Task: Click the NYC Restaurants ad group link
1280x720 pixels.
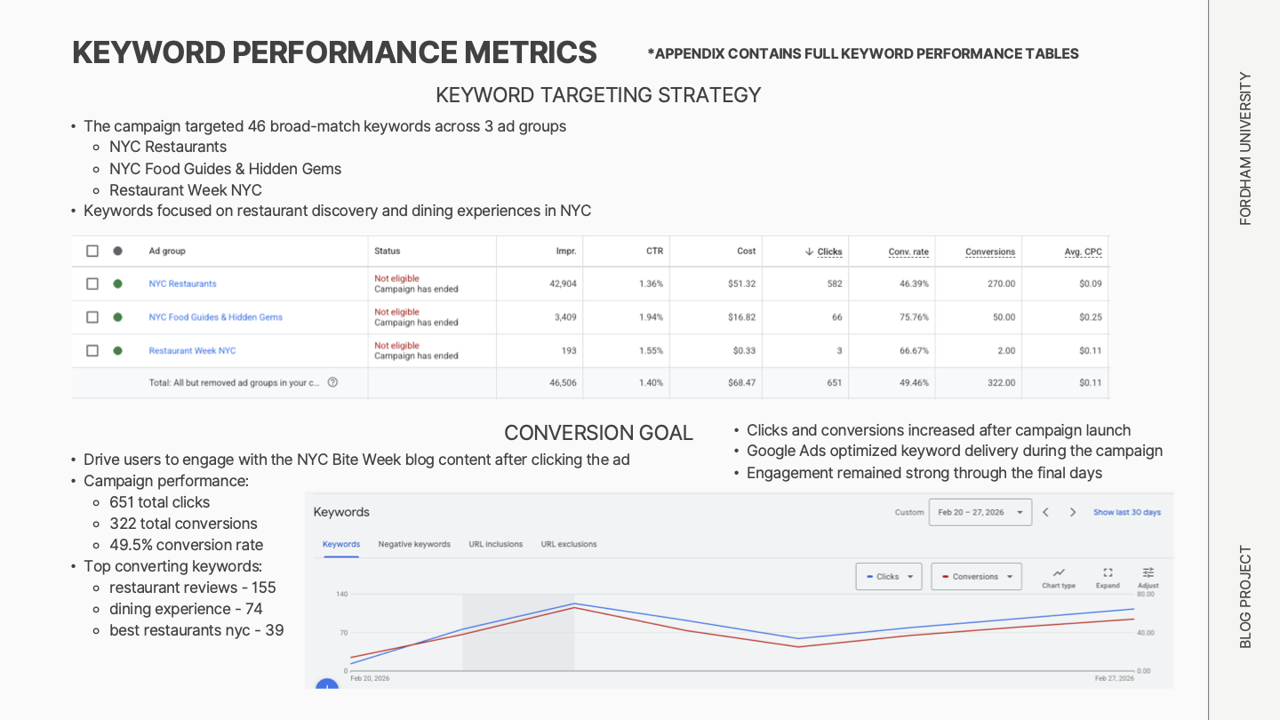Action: pyautogui.click(x=182, y=284)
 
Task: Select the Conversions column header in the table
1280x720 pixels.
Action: pyautogui.click(x=989, y=252)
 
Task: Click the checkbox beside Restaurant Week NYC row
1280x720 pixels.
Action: pyautogui.click(x=92, y=350)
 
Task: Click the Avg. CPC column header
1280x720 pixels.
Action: pyautogui.click(x=1083, y=252)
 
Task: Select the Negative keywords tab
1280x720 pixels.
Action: pyautogui.click(x=414, y=544)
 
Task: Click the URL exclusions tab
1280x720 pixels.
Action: pyautogui.click(x=569, y=544)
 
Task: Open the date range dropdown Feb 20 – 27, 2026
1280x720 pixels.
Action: pyautogui.click(x=980, y=512)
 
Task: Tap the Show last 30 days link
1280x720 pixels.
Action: pyautogui.click(x=1126, y=512)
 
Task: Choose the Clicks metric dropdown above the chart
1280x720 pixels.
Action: pyautogui.click(x=888, y=577)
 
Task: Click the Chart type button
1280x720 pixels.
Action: pyautogui.click(x=1059, y=578)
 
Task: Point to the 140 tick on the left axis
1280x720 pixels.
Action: pyautogui.click(x=341, y=594)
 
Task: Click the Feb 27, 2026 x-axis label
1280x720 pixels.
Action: pyautogui.click(x=1114, y=678)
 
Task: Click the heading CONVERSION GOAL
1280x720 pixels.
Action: pyautogui.click(x=598, y=433)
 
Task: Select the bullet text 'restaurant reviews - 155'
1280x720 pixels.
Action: pyautogui.click(x=192, y=588)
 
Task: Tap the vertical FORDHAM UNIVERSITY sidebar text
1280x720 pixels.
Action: pyautogui.click(x=1245, y=148)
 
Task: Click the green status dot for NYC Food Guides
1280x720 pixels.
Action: pyautogui.click(x=117, y=317)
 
